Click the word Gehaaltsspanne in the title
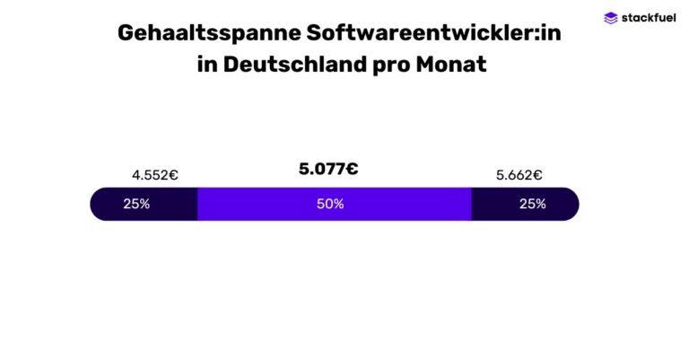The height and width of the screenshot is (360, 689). point(208,33)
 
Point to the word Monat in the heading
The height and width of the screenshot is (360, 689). point(451,66)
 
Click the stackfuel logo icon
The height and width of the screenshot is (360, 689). point(611,17)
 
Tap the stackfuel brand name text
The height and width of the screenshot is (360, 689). point(646,17)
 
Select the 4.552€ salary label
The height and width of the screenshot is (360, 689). point(154,175)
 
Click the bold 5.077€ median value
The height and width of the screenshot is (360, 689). point(328,169)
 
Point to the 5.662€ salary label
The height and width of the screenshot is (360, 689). point(519,175)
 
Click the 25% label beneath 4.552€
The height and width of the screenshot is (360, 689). point(136,204)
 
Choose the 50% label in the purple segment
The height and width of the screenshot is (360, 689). point(330,204)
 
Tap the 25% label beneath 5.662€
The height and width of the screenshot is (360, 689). point(532,204)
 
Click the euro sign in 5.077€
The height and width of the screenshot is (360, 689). point(352,169)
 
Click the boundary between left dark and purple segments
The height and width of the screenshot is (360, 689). point(197,204)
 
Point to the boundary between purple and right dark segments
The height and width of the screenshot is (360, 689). point(472,204)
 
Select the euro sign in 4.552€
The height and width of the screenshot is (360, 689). point(173,175)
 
